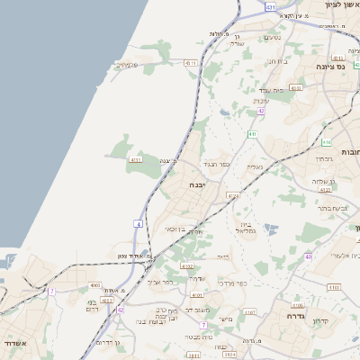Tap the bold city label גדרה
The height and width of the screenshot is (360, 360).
[x=294, y=316]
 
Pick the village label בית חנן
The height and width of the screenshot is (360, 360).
[x=275, y=60]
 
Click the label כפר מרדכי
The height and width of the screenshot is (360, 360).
[x=231, y=283]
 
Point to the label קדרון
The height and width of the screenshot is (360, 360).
[x=321, y=320]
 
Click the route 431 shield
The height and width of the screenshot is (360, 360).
[x=271, y=6]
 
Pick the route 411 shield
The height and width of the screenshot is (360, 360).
[x=253, y=133]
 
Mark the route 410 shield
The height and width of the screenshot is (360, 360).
[x=325, y=142]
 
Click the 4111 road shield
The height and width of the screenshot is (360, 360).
[x=136, y=160]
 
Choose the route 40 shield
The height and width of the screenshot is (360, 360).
[x=308, y=256]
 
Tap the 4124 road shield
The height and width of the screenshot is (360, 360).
[x=234, y=194]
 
